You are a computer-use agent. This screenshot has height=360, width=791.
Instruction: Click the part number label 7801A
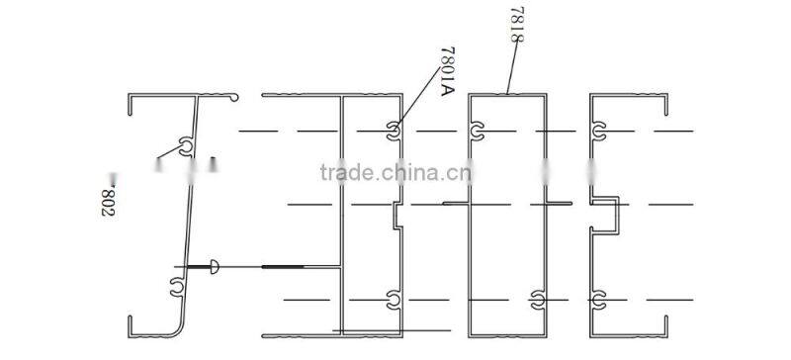[444, 69]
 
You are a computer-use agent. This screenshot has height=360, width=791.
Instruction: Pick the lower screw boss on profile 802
[176, 287]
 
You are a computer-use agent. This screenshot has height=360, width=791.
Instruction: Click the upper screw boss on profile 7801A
[395, 131]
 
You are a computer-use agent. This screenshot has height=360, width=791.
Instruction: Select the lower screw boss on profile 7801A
[394, 297]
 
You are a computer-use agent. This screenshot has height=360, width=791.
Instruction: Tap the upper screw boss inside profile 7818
[478, 131]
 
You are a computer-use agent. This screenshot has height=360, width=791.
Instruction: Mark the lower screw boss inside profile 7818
[537, 297]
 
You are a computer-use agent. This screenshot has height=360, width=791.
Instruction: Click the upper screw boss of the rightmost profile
[600, 131]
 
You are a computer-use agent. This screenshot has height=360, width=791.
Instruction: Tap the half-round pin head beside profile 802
[215, 266]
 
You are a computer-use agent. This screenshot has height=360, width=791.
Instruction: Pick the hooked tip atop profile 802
[233, 97]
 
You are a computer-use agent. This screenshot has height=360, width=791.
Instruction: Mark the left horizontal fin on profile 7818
[456, 203]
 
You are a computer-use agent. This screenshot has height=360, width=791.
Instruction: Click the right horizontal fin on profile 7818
[560, 203]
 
